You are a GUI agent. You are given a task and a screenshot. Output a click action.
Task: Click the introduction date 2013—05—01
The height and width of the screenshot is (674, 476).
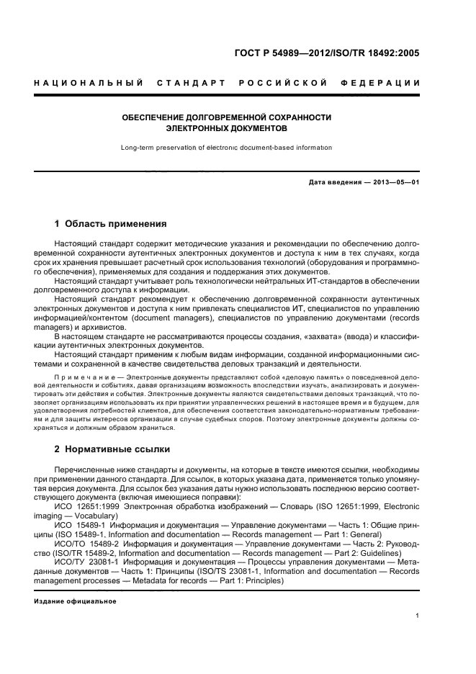pyautogui.click(x=392, y=183)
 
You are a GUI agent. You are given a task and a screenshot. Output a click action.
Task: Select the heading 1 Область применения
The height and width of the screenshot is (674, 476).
pyautogui.click(x=111, y=224)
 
